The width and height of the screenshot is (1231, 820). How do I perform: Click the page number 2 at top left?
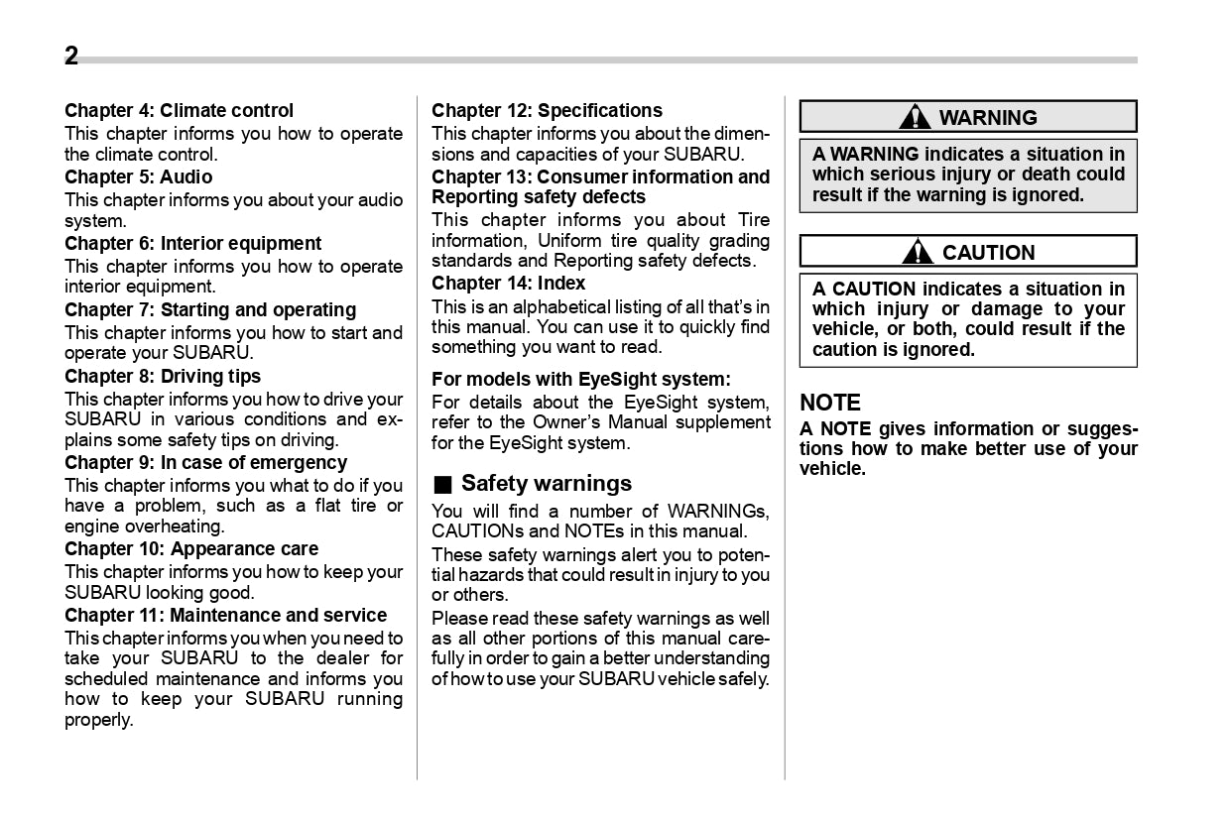71,57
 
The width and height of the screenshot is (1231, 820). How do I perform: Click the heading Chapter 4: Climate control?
179,110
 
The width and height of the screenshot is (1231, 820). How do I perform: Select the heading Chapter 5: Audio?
138,176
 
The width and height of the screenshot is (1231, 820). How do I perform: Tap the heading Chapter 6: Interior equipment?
192,243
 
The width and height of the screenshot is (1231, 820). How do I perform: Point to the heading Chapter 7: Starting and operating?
210,309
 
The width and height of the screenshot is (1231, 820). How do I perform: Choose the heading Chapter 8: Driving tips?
163,376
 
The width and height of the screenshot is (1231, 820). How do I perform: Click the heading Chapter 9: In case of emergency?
205,462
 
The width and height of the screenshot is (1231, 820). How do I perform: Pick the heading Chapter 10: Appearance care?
191,548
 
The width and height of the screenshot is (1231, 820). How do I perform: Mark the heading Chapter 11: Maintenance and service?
225,615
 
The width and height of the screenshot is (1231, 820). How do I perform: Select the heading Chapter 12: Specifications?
547,110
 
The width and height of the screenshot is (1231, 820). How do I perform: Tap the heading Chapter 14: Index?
508,283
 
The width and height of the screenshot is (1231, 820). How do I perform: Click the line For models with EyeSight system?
580,379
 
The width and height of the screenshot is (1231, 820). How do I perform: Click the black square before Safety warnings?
442,485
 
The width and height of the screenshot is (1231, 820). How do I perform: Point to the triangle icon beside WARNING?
915,117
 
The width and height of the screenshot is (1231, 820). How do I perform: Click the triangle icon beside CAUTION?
918,252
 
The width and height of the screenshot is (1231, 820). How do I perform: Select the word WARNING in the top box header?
987,118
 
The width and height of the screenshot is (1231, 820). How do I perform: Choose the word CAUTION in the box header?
988,253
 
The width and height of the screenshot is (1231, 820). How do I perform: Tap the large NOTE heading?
830,403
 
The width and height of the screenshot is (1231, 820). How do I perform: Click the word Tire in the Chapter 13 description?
754,220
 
